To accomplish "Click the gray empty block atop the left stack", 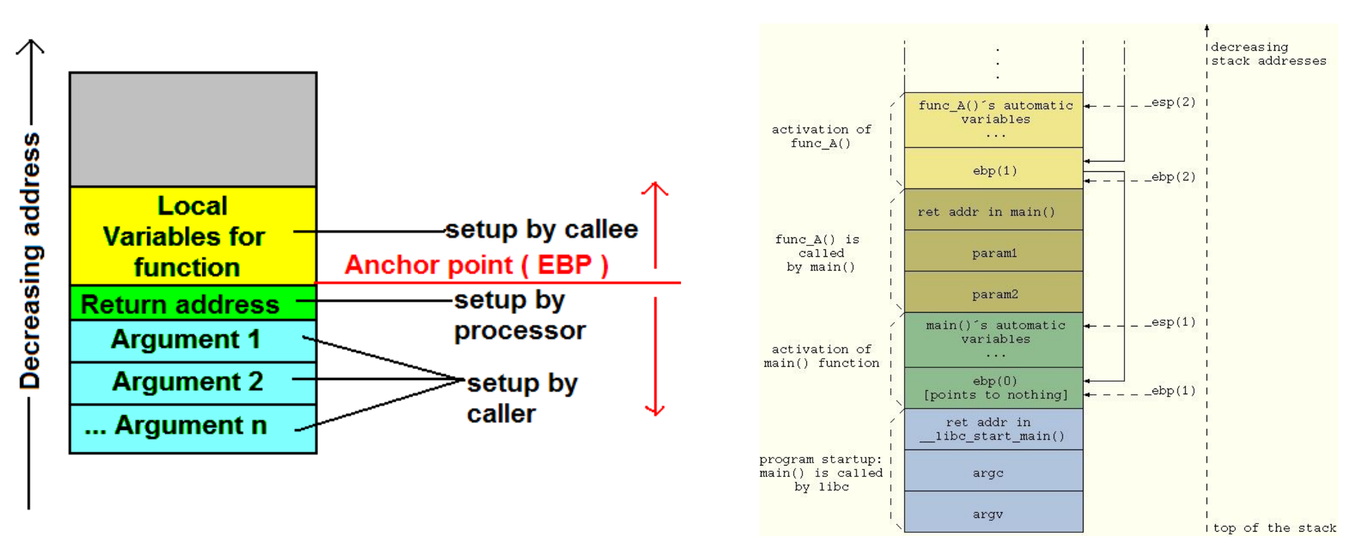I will [193, 129].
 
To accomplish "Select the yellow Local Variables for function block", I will [193, 236].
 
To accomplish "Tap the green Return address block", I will [193, 303].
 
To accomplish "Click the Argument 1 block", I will [193, 340].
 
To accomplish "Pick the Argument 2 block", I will [193, 382].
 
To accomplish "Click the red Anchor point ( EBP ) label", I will [476, 266].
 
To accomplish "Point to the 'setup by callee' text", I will [541, 230].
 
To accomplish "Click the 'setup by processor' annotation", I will [519, 315].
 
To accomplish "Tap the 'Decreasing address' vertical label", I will [30, 261].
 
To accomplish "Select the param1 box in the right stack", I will [993, 252].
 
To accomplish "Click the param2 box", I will [993, 294].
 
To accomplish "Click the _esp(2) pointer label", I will [1170, 102].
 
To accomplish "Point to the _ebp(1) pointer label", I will [1170, 391].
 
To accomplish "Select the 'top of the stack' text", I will [1274, 528].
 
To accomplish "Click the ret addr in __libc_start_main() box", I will [993, 429].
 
